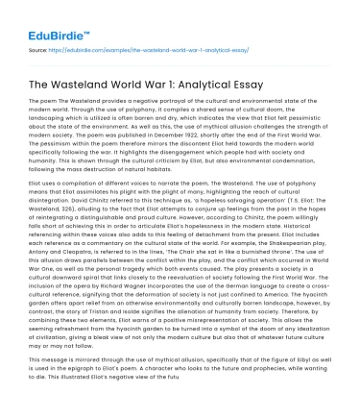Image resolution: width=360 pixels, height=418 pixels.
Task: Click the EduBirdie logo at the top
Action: [42, 18]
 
